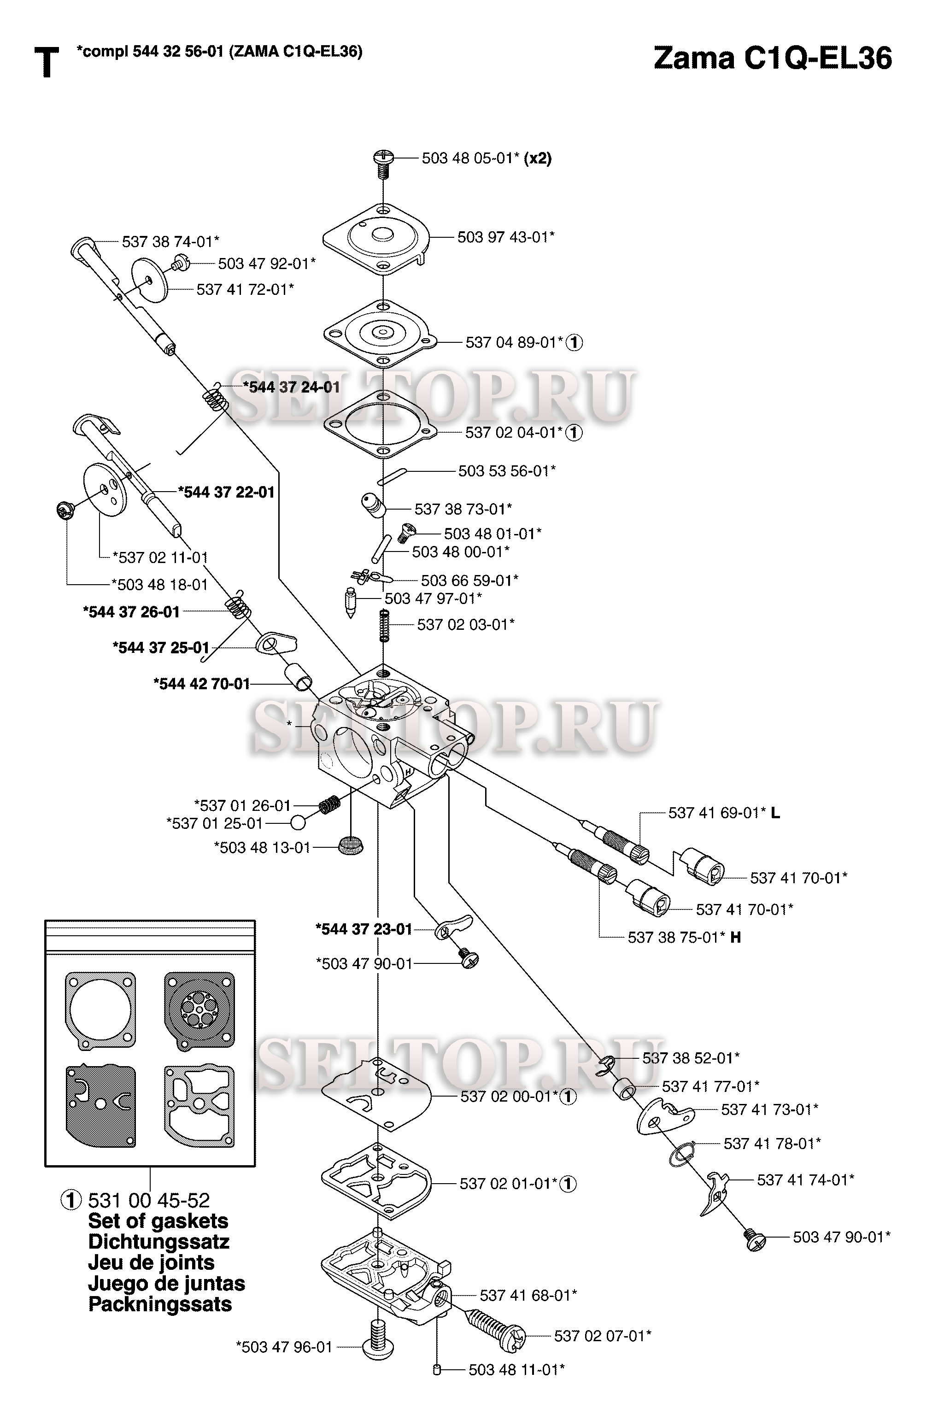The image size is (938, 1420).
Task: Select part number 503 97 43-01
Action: click(505, 237)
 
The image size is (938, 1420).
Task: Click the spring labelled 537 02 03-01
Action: click(385, 624)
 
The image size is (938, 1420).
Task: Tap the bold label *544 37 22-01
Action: click(226, 492)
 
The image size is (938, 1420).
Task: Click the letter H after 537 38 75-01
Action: click(736, 937)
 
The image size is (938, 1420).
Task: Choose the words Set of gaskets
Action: click(158, 1221)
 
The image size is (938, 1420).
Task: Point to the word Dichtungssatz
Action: click(158, 1242)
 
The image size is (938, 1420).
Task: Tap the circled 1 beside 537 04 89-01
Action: click(575, 343)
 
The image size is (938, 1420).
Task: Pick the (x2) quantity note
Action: click(537, 158)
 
